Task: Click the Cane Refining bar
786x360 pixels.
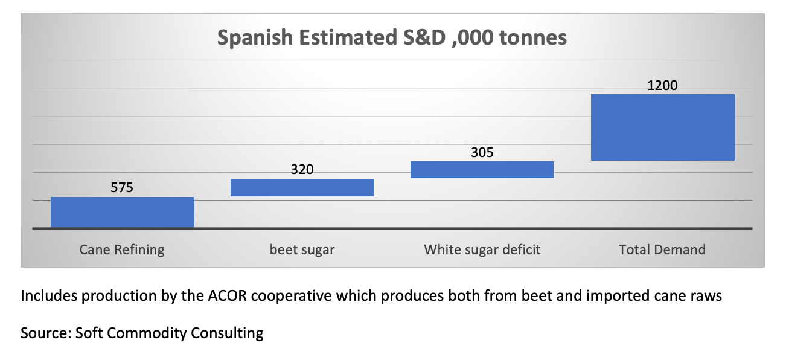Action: pos(122,212)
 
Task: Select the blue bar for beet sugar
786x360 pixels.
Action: pos(302,187)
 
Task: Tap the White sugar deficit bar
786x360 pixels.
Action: pos(482,170)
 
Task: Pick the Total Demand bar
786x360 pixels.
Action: pos(662,127)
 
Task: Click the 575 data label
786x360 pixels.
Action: pos(121,188)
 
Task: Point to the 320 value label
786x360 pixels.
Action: pos(302,170)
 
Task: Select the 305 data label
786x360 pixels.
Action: pos(482,152)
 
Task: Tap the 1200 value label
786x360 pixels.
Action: pos(662,85)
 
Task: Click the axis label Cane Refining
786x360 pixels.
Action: pos(122,249)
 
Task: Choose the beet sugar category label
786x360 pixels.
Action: pos(302,249)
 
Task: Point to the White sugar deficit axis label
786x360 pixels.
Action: pos(482,249)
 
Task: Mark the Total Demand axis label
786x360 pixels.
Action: pos(662,249)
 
